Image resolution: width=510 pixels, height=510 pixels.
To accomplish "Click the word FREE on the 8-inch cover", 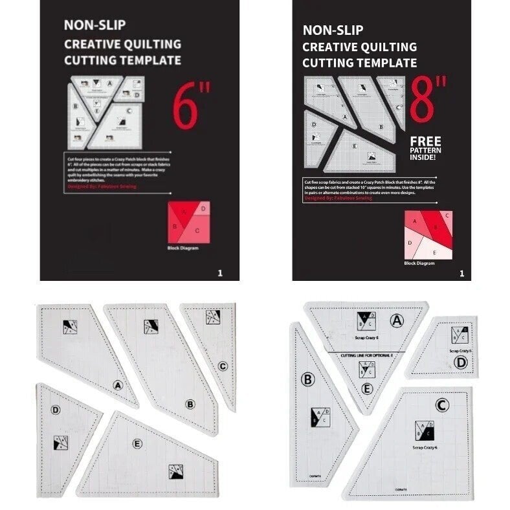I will click(426, 142).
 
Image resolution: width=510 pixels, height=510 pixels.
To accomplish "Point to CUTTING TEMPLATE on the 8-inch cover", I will click(360, 63).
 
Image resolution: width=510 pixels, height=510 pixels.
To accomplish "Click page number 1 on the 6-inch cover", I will click(220, 273).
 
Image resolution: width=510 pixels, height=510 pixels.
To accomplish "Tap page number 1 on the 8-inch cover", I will click(461, 273).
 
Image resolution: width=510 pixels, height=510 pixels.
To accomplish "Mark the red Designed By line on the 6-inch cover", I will click(102, 186).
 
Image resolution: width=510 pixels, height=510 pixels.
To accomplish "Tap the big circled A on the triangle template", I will click(397, 320).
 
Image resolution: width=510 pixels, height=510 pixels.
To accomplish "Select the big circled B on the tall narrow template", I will click(307, 379).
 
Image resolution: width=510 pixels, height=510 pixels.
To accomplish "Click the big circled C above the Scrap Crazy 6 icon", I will click(443, 406).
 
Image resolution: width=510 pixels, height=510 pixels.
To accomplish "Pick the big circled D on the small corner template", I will click(460, 362).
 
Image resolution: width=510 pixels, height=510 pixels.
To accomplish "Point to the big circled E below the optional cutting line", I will click(367, 388).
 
